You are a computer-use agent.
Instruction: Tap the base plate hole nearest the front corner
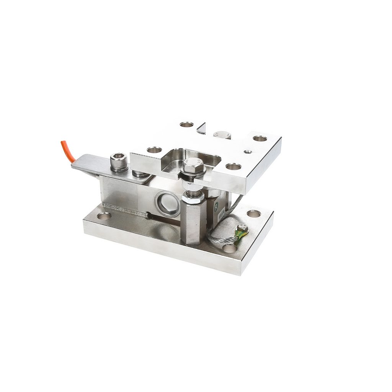[x=229, y=248]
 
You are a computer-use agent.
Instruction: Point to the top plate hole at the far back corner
[x=187, y=124]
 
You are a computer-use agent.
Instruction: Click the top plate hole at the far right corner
[x=260, y=138]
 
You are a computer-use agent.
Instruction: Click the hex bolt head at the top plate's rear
[x=222, y=134]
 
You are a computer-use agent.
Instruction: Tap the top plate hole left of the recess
[x=154, y=150]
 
